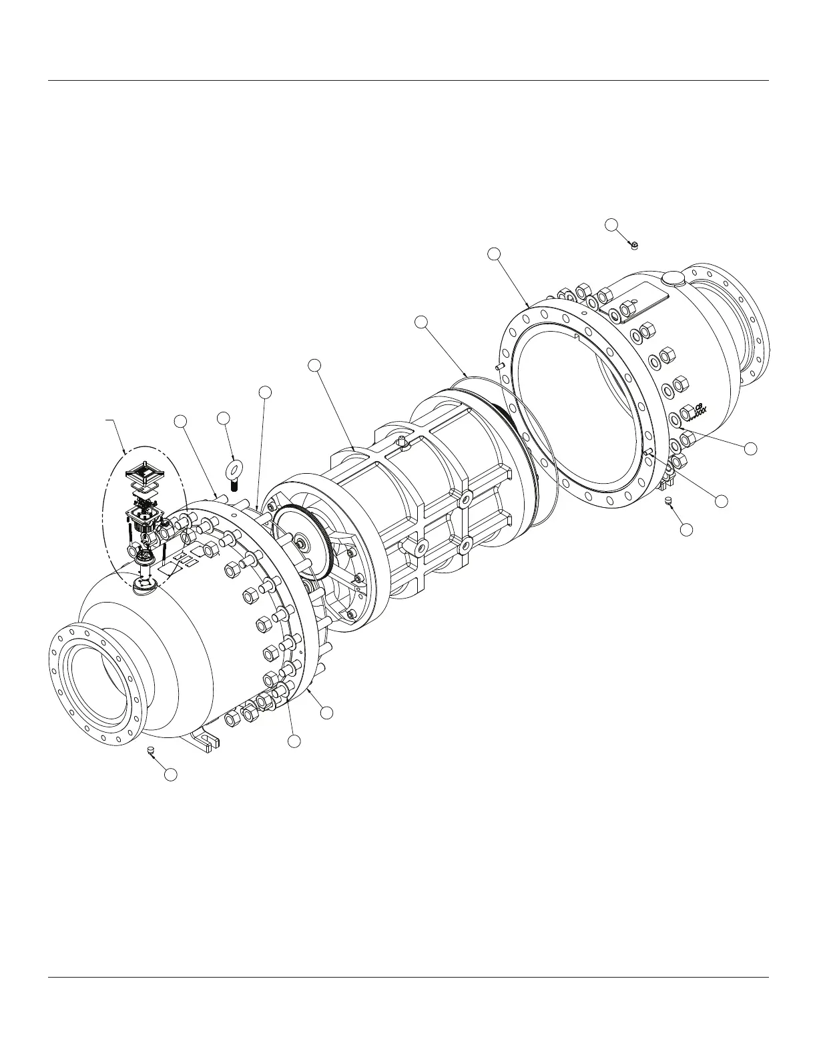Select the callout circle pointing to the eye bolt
[x=224, y=418]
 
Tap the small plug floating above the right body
[x=634, y=245]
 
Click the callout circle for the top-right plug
[x=611, y=224]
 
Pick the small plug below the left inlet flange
[x=152, y=752]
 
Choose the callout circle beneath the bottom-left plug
[x=171, y=775]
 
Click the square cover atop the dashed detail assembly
[x=146, y=476]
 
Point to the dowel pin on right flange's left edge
[x=500, y=366]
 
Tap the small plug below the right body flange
[x=667, y=500]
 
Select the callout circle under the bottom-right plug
[x=686, y=529]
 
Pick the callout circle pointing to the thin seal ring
[x=421, y=322]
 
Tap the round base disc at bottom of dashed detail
[x=145, y=587]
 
